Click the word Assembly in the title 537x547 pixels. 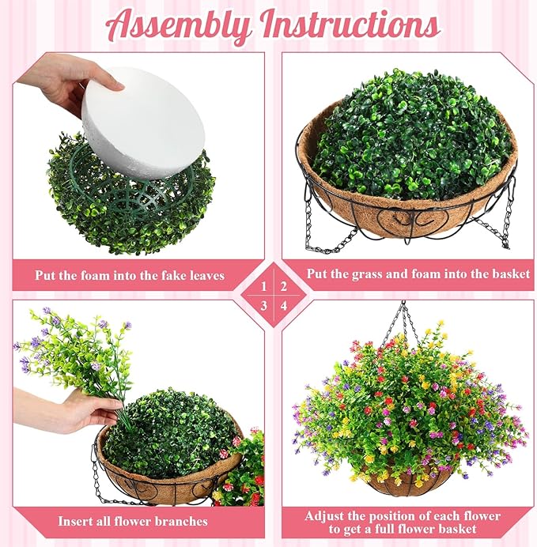pyautogui.click(x=178, y=26)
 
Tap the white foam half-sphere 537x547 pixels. pyautogui.click(x=143, y=123)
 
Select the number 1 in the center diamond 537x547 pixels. pyautogui.click(x=264, y=287)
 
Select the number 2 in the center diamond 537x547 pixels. pyautogui.click(x=283, y=287)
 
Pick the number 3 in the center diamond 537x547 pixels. pyautogui.click(x=264, y=306)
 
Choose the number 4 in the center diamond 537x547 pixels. pyautogui.click(x=284, y=306)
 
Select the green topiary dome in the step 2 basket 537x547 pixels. pyautogui.click(x=413, y=136)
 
